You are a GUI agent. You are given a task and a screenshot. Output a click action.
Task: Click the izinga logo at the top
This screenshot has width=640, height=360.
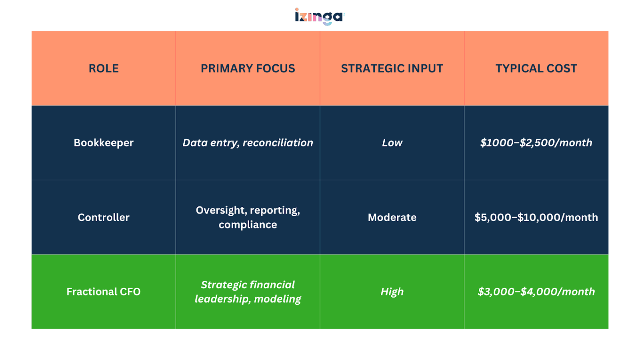319,16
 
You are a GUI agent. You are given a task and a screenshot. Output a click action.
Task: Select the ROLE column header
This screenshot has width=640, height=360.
104,68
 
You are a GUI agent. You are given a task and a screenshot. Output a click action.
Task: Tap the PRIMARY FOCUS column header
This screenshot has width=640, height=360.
248,68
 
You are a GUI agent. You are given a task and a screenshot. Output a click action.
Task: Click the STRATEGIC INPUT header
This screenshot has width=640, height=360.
392,68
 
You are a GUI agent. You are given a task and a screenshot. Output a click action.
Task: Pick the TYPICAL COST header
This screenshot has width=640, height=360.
536,68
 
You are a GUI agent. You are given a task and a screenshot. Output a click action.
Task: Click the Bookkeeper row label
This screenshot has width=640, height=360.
104,143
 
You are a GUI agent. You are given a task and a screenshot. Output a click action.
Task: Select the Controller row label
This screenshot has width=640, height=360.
104,217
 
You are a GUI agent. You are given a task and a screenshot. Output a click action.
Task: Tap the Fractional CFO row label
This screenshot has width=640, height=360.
104,292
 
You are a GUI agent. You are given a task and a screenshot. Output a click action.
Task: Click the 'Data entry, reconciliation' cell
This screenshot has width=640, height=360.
248,143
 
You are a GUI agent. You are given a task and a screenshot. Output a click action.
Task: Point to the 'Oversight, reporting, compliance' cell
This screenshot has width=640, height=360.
248,217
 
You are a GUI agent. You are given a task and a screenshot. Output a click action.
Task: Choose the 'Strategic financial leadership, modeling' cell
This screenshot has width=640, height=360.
248,292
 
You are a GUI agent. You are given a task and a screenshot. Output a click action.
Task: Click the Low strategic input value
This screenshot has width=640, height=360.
392,143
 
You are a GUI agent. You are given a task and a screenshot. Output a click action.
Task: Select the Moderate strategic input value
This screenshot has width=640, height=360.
392,217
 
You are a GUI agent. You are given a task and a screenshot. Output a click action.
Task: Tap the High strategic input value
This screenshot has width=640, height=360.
392,292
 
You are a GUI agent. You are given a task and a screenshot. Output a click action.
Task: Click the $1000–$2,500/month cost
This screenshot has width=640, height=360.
536,143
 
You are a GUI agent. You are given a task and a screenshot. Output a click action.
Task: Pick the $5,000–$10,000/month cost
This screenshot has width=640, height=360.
536,217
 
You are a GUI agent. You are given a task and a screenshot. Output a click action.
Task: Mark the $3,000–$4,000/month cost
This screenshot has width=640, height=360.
536,292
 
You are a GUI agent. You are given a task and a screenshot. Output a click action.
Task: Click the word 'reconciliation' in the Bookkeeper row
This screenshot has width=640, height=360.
278,143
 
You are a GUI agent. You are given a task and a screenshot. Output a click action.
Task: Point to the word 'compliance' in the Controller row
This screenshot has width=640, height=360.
248,225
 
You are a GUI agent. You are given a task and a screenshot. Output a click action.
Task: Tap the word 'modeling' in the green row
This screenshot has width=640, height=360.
277,299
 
